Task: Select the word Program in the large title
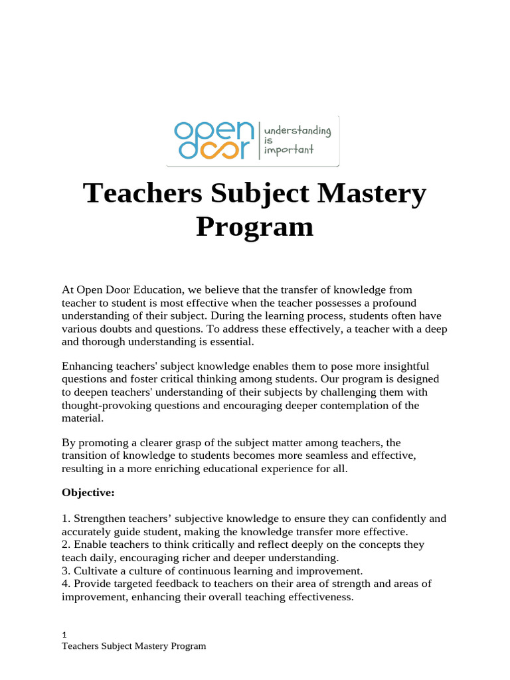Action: [254, 226]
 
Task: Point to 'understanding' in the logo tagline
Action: [297, 130]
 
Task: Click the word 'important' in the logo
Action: [289, 150]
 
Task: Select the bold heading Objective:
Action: [88, 493]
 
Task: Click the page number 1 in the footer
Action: [64, 634]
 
